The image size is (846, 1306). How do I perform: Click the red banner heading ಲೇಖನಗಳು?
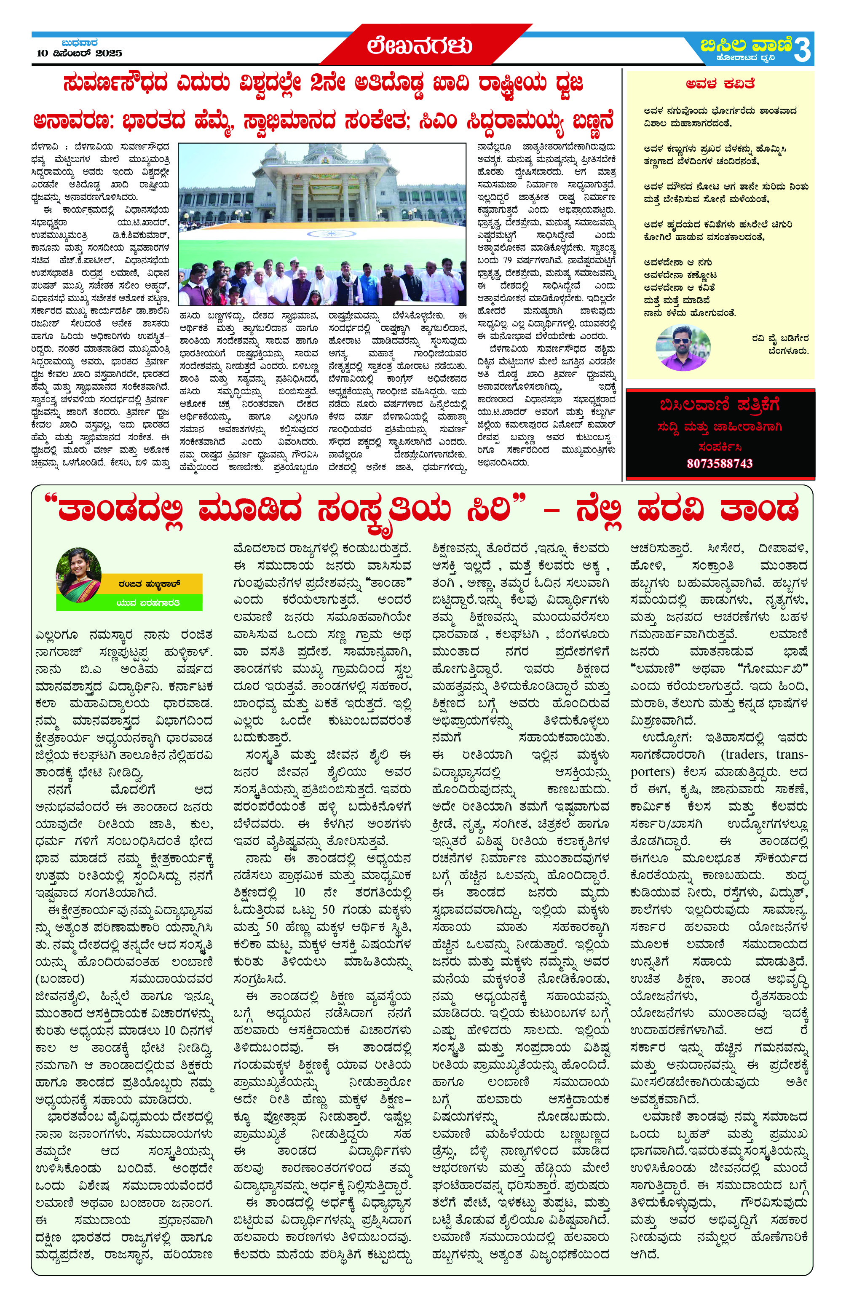[x=419, y=45]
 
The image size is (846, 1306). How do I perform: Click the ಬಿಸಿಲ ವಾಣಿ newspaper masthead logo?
[x=746, y=44]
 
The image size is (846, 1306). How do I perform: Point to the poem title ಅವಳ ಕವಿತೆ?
[x=720, y=84]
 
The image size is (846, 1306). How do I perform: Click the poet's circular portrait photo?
[x=683, y=347]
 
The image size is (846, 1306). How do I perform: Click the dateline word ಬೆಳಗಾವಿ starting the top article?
[x=45, y=147]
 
